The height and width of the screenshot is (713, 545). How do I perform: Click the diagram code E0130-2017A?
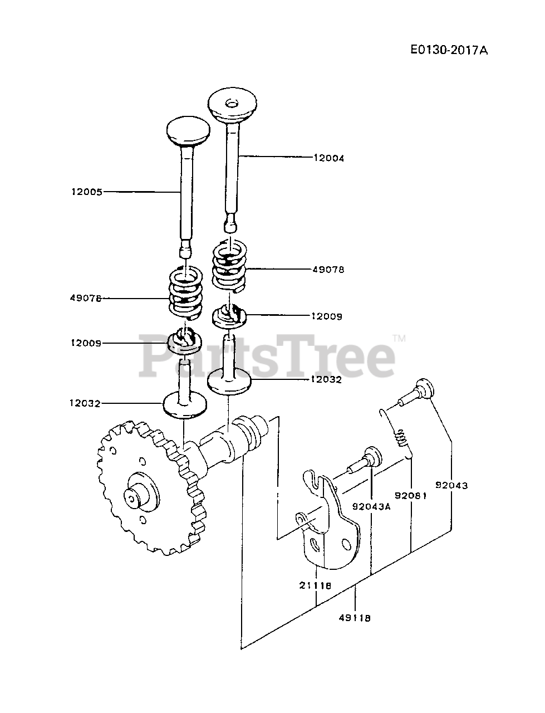[x=449, y=50]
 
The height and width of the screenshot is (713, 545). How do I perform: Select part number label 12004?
[x=329, y=158]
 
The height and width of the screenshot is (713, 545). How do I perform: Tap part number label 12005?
[x=87, y=192]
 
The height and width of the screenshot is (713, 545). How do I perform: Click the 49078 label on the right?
[x=329, y=270]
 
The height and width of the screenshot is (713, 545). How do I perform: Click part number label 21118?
[x=315, y=585]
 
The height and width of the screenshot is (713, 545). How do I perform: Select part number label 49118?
[x=355, y=617]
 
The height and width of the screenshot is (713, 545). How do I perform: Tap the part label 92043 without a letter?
[x=451, y=485]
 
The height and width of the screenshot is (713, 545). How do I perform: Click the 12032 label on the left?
[x=85, y=403]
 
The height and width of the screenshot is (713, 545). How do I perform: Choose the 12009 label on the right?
[x=327, y=316]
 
